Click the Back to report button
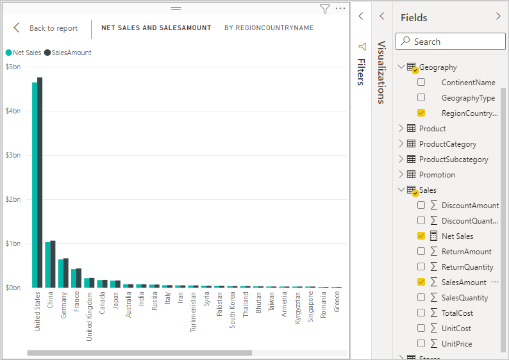point(46,28)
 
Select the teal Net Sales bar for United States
point(35,186)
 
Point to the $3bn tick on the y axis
point(13,155)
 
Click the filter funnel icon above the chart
point(324,8)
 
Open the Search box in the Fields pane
point(450,42)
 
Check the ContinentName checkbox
point(421,83)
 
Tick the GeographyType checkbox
point(421,98)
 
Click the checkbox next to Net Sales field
point(421,236)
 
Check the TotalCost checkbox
point(421,313)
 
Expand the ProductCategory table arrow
point(402,144)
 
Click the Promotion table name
point(437,175)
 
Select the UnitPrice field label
point(456,344)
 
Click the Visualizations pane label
point(381,72)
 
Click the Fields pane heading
point(413,17)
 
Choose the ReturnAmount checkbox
point(421,252)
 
